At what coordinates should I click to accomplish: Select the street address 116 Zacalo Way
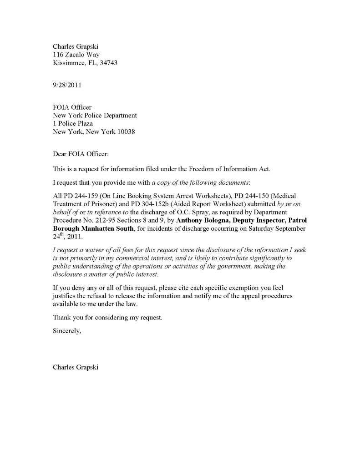(x=76, y=54)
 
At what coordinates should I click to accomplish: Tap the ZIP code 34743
(x=108, y=63)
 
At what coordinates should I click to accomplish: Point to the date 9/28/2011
(x=68, y=85)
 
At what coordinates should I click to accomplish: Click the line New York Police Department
(x=95, y=115)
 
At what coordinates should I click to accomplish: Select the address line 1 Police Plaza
(x=73, y=123)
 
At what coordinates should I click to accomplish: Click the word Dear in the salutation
(x=61, y=154)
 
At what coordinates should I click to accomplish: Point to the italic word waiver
(x=88, y=250)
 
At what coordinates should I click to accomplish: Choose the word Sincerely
(x=67, y=331)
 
